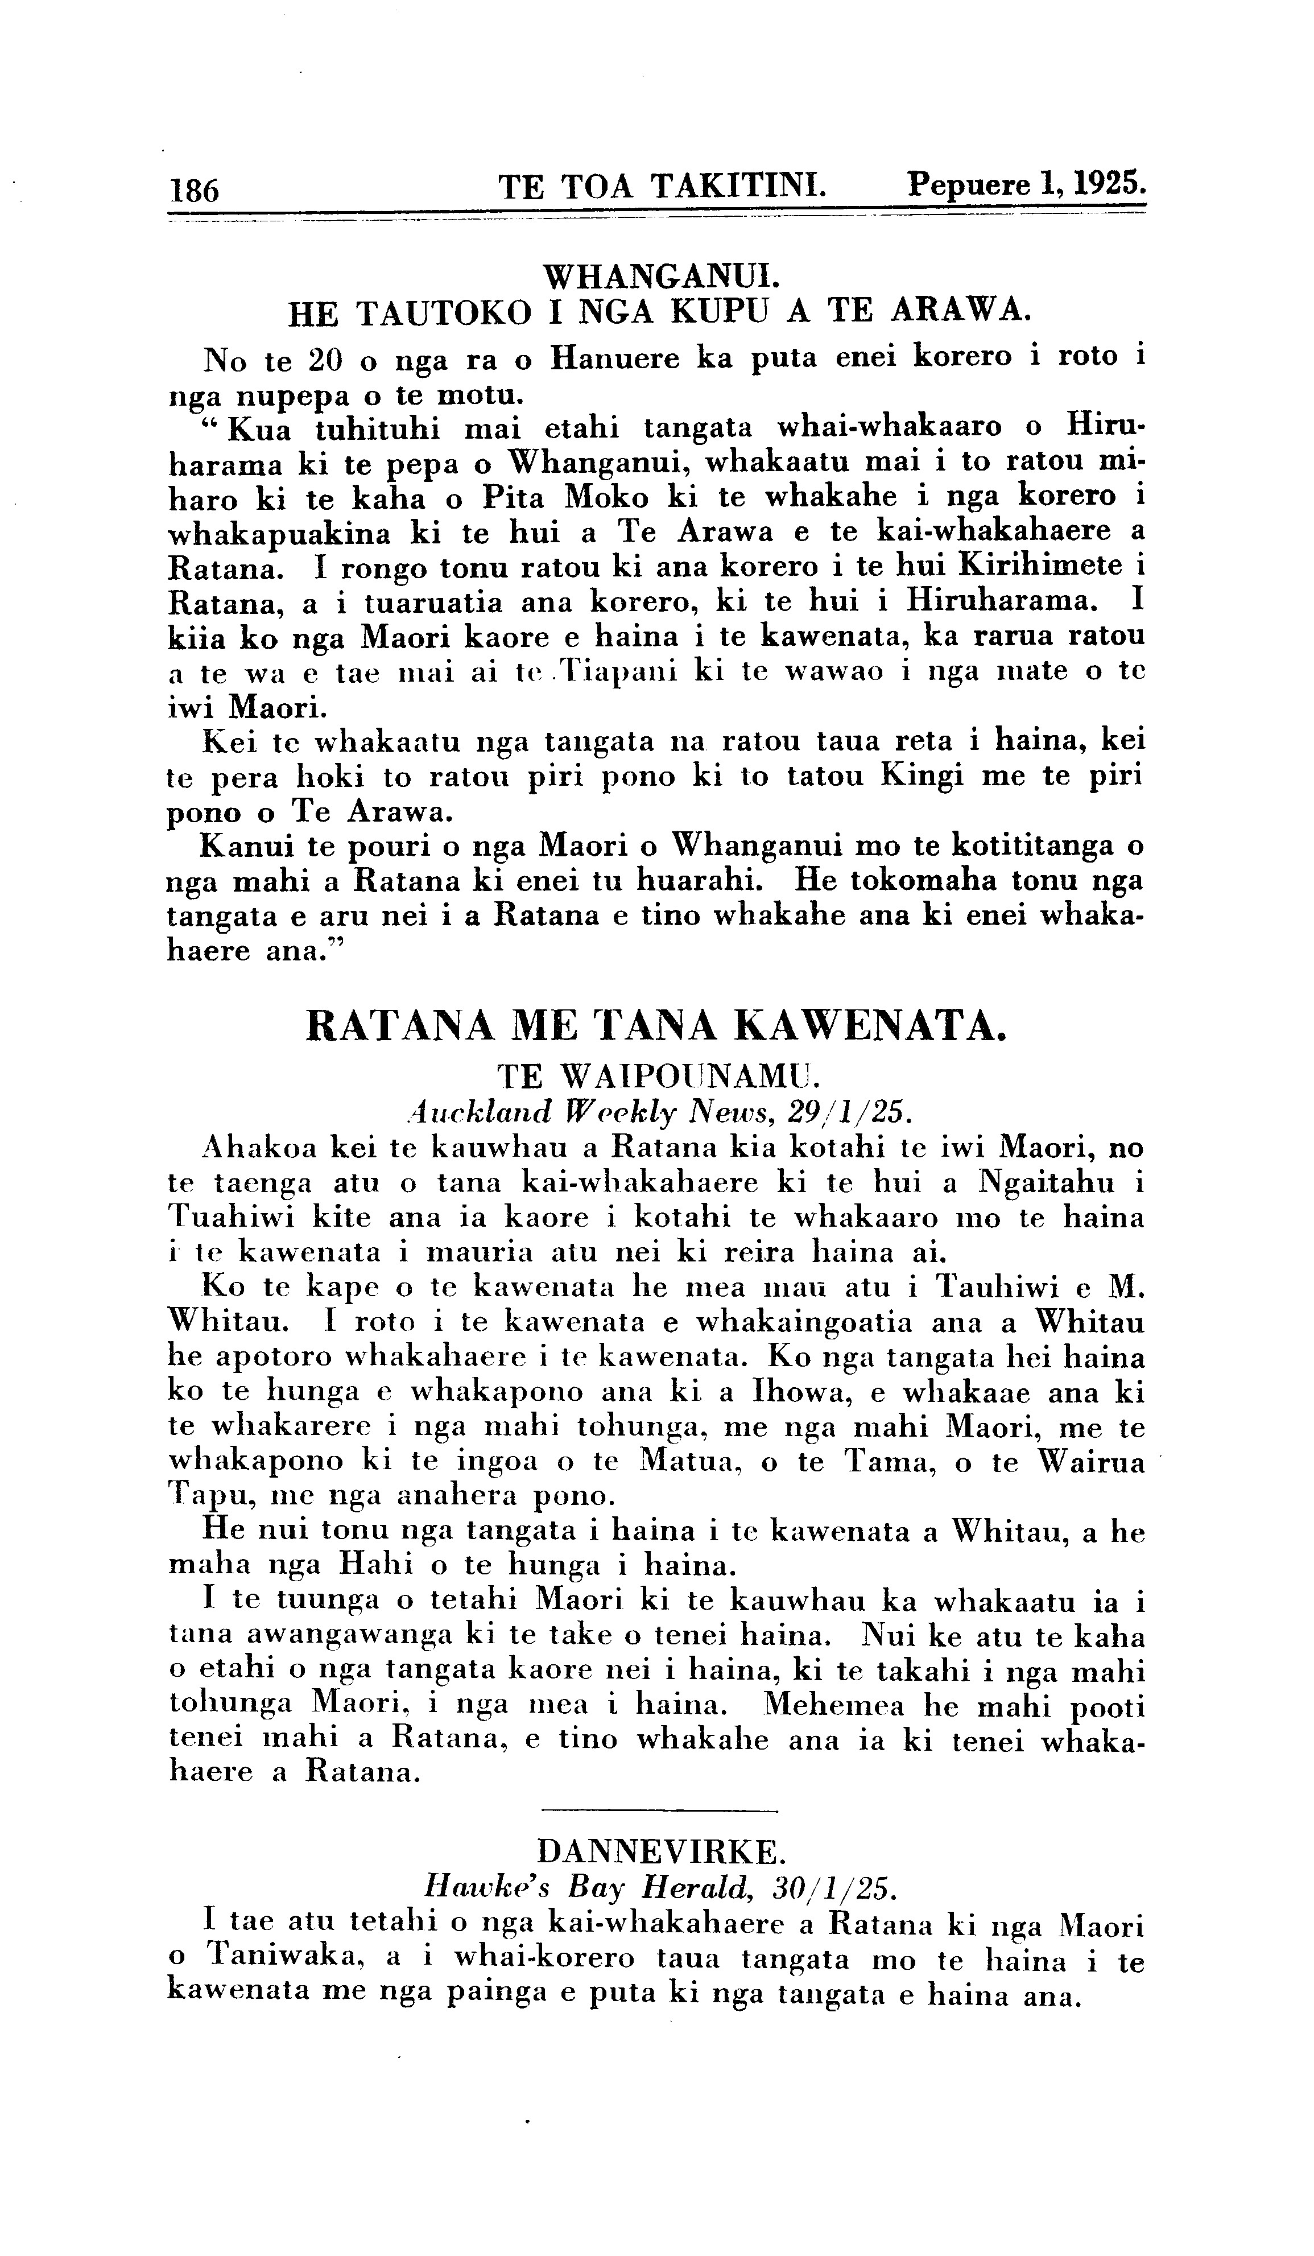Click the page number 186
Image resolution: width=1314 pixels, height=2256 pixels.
pyautogui.click(x=193, y=190)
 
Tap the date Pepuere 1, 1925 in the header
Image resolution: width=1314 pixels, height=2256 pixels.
pyautogui.click(x=1026, y=184)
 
